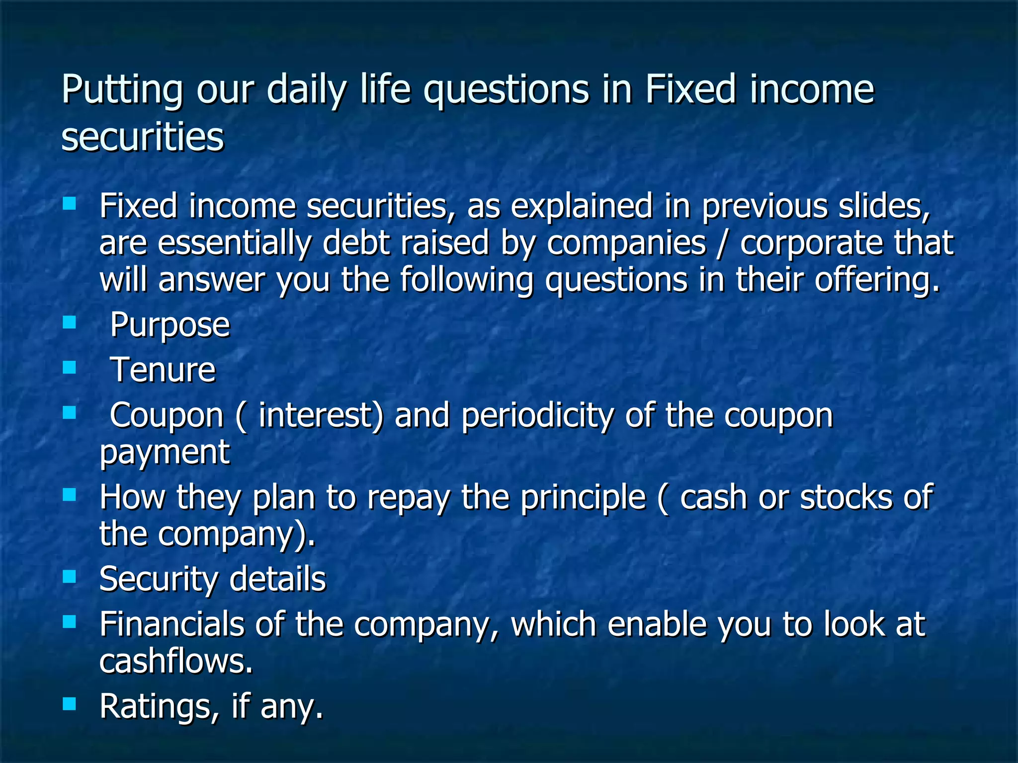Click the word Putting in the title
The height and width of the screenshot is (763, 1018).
point(122,90)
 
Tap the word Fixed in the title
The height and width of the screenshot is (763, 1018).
point(690,89)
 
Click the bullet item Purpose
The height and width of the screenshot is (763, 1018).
point(170,325)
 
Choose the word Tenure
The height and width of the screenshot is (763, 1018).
point(163,370)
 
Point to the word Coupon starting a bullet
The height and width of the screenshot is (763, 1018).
point(167,416)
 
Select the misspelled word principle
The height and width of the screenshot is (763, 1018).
point(583,497)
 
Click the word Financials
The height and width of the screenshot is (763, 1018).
point(171,624)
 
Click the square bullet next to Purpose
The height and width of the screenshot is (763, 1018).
point(70,323)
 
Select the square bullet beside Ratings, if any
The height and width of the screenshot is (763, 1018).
point(70,703)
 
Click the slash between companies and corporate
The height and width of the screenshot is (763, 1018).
point(723,243)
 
